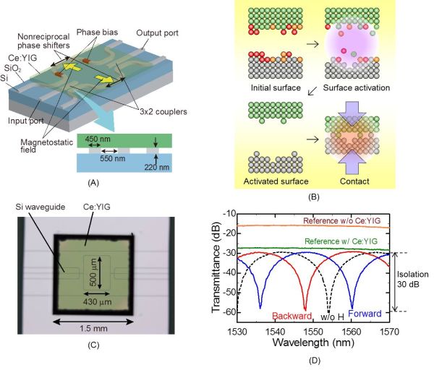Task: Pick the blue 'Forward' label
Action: pyautogui.click(x=365, y=315)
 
